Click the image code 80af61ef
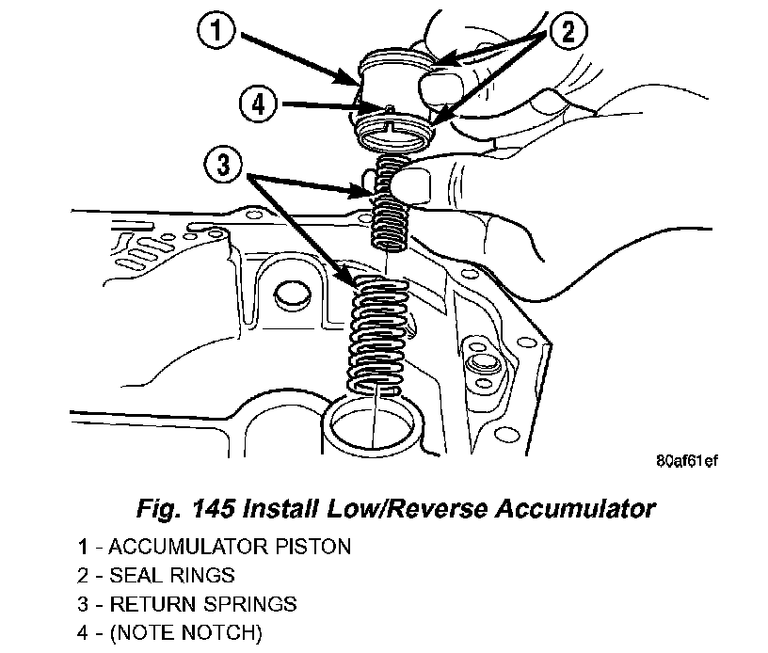[687, 463]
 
